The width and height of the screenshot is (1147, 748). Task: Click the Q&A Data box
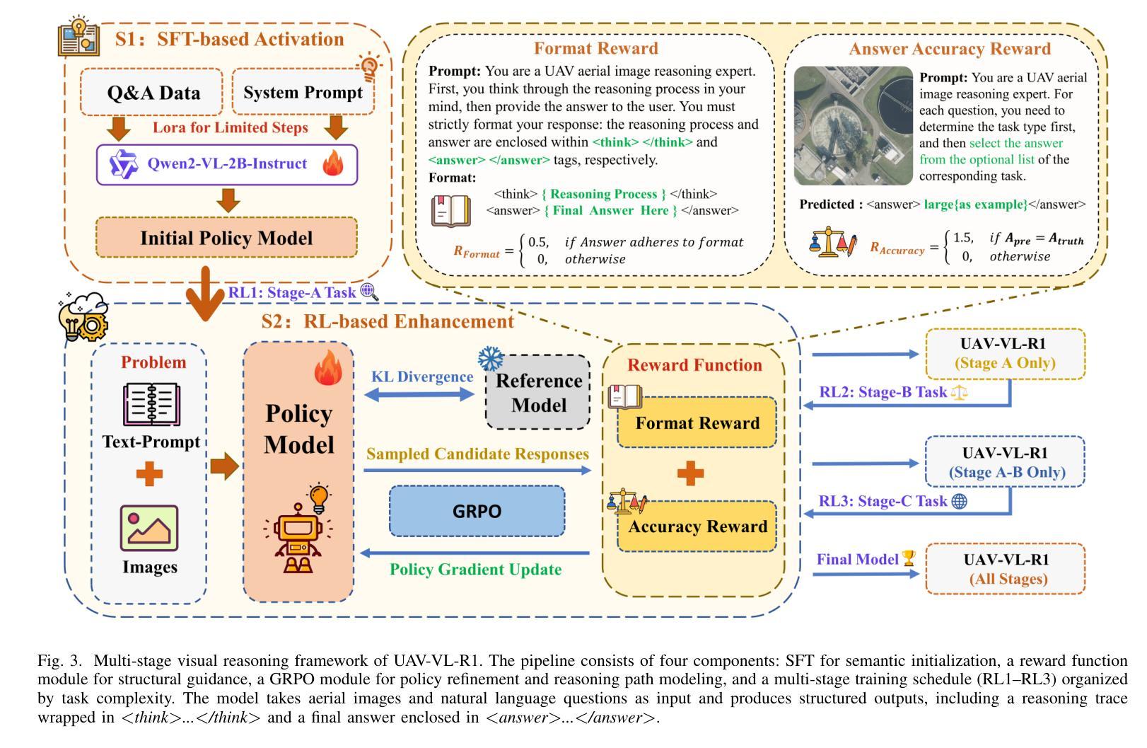[x=151, y=92]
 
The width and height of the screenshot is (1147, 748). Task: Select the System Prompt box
[x=303, y=92]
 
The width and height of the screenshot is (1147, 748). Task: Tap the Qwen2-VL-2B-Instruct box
[x=227, y=164]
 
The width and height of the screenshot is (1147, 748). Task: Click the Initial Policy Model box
[x=226, y=238]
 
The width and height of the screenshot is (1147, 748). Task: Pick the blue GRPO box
[x=477, y=511]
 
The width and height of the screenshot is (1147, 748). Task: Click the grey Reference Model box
[x=537, y=393]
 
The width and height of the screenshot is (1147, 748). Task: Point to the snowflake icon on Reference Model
[x=491, y=359]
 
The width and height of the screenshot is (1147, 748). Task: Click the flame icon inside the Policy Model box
[x=328, y=367]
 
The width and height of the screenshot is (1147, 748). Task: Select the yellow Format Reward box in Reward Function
[x=697, y=422]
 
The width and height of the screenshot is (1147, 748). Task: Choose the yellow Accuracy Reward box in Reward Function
[x=697, y=527]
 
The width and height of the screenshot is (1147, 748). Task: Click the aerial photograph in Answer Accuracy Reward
[x=853, y=125]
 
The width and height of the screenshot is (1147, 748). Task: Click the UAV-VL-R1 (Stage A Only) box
[x=1006, y=354]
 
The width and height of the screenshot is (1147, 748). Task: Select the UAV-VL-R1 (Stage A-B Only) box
[x=1006, y=461]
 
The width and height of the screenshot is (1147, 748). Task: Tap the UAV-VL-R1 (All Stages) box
[x=1006, y=569]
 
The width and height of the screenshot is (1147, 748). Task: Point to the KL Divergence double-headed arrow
[x=419, y=394]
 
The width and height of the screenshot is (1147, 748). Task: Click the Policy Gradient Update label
[x=476, y=569]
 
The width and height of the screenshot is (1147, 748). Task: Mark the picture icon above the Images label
[x=149, y=528]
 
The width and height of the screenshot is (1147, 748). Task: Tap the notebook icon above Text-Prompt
[x=151, y=404]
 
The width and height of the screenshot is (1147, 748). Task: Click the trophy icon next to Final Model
[x=909, y=558]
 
